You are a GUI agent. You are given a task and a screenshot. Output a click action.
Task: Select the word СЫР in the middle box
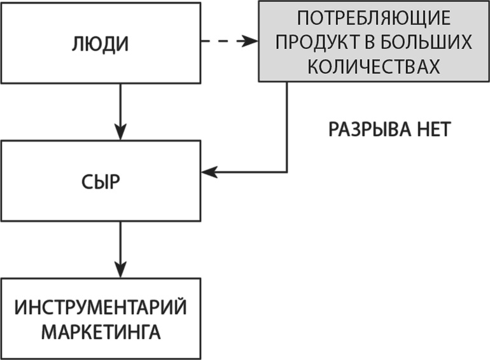101,183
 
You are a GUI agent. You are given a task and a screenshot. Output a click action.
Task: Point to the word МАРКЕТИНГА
101,331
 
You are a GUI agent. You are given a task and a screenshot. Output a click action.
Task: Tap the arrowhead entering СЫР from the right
209,172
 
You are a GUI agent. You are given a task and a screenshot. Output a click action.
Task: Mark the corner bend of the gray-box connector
286,172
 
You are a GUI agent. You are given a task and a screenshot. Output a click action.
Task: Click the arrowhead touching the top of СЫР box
120,134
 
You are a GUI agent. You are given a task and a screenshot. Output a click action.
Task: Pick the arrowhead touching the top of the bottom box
120,271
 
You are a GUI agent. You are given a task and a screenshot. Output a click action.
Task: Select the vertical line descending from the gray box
286,127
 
